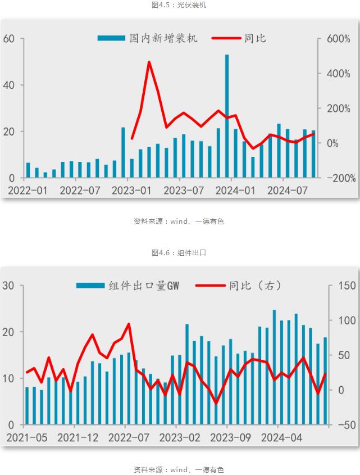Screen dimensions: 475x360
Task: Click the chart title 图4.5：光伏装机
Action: coord(179,5)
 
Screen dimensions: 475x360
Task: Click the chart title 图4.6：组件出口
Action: coord(179,253)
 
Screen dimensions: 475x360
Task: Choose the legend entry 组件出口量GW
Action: coord(128,286)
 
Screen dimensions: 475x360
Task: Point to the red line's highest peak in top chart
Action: coord(149,62)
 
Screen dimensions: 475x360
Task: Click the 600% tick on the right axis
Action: coord(339,39)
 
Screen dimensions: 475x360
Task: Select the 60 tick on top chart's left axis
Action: coord(9,39)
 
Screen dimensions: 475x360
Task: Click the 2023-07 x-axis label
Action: coord(184,191)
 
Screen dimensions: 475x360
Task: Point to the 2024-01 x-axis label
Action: coord(236,191)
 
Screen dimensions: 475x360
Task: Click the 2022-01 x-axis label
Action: coord(28,191)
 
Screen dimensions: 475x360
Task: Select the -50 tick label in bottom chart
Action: coord(345,425)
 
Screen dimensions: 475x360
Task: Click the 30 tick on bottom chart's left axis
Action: coord(9,286)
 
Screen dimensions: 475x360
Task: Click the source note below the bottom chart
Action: coord(179,469)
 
